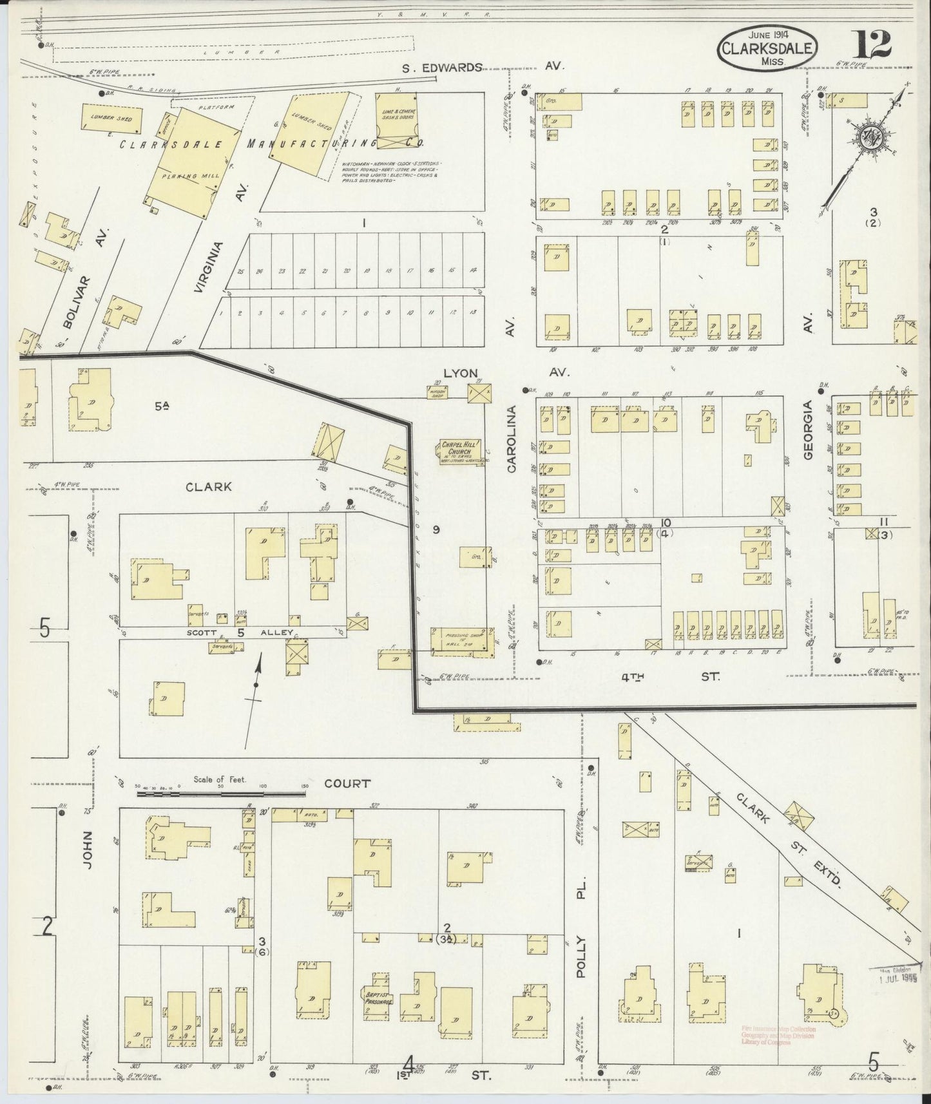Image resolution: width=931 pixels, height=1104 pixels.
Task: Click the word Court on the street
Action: pos(347,783)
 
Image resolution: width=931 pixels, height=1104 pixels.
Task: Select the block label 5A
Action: pos(161,405)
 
